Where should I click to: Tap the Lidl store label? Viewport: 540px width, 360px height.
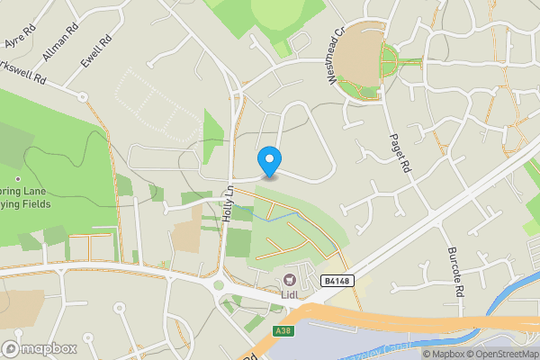click(289, 293)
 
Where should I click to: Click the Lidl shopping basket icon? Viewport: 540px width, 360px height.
click(289, 279)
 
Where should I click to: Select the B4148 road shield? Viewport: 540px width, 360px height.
click(335, 282)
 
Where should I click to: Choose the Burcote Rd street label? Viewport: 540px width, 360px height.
click(453, 262)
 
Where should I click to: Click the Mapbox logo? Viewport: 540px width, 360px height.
click(40, 348)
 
